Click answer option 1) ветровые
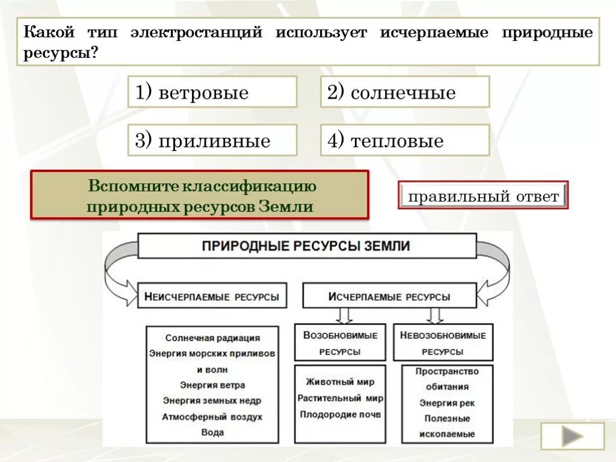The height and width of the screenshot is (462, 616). point(212,92)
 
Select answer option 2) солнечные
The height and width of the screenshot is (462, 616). point(404,92)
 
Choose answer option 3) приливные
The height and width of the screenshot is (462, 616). point(212,140)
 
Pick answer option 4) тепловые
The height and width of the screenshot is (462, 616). point(404,140)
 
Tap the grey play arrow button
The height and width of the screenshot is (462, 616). point(571,436)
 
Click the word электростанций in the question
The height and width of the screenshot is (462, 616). point(196,32)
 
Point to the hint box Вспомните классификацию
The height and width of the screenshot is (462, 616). point(199,194)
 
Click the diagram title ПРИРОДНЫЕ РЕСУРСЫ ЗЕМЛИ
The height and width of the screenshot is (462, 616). point(306,246)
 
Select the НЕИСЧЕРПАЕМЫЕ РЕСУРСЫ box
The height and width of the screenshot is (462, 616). point(212,296)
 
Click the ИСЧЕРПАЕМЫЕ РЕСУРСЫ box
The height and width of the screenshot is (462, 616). point(389,296)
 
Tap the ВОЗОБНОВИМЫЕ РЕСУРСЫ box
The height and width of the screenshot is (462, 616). point(340,343)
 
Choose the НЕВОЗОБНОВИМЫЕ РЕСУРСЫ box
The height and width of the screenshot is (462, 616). point(443,343)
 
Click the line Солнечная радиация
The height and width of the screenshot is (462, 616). point(212,338)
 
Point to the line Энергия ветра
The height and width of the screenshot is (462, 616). point(212,385)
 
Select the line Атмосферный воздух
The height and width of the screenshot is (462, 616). point(212,416)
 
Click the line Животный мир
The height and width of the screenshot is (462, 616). point(340,382)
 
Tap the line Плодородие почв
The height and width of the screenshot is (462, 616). point(340,414)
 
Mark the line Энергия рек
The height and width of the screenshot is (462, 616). point(446,402)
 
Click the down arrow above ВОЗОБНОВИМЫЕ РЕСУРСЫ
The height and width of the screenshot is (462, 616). point(344,315)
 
